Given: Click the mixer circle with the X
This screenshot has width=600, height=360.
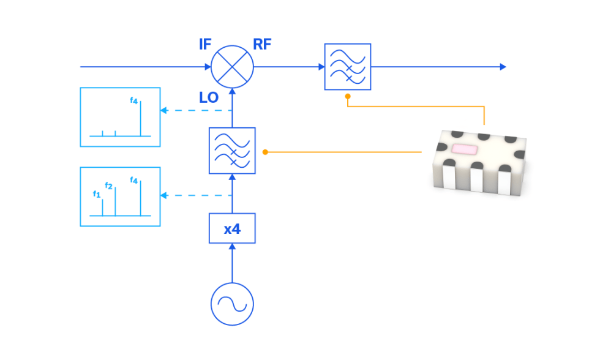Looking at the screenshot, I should click(x=232, y=67).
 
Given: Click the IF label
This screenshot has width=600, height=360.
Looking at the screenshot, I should click(x=205, y=45).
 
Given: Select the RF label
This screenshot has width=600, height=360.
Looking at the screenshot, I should click(x=262, y=45).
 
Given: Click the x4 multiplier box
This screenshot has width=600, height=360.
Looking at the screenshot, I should click(x=232, y=229).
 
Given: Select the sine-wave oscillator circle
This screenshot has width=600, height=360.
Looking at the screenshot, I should click(x=232, y=304).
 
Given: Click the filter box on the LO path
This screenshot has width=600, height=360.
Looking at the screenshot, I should click(x=232, y=151).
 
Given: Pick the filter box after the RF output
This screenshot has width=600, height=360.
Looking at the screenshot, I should click(x=347, y=67).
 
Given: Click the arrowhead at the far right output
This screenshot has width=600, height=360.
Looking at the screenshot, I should click(x=503, y=67).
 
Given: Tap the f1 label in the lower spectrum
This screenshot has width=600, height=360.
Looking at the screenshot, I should click(x=96, y=194).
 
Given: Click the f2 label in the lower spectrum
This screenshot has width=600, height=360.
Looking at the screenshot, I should click(x=109, y=186).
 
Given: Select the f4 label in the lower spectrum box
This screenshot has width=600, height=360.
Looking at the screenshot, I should click(x=134, y=181).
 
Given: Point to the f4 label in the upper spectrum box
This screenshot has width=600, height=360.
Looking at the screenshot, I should click(x=134, y=101).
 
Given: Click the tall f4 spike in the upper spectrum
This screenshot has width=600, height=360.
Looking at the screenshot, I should click(x=141, y=120).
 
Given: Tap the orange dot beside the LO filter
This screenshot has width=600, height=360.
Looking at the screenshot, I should click(x=264, y=151).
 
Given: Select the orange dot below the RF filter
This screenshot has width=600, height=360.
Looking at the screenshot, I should click(x=347, y=96).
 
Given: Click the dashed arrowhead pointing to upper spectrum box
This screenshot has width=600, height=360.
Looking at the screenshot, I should click(x=163, y=111).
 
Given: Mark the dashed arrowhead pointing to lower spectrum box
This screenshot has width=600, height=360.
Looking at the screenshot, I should click(x=163, y=195).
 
